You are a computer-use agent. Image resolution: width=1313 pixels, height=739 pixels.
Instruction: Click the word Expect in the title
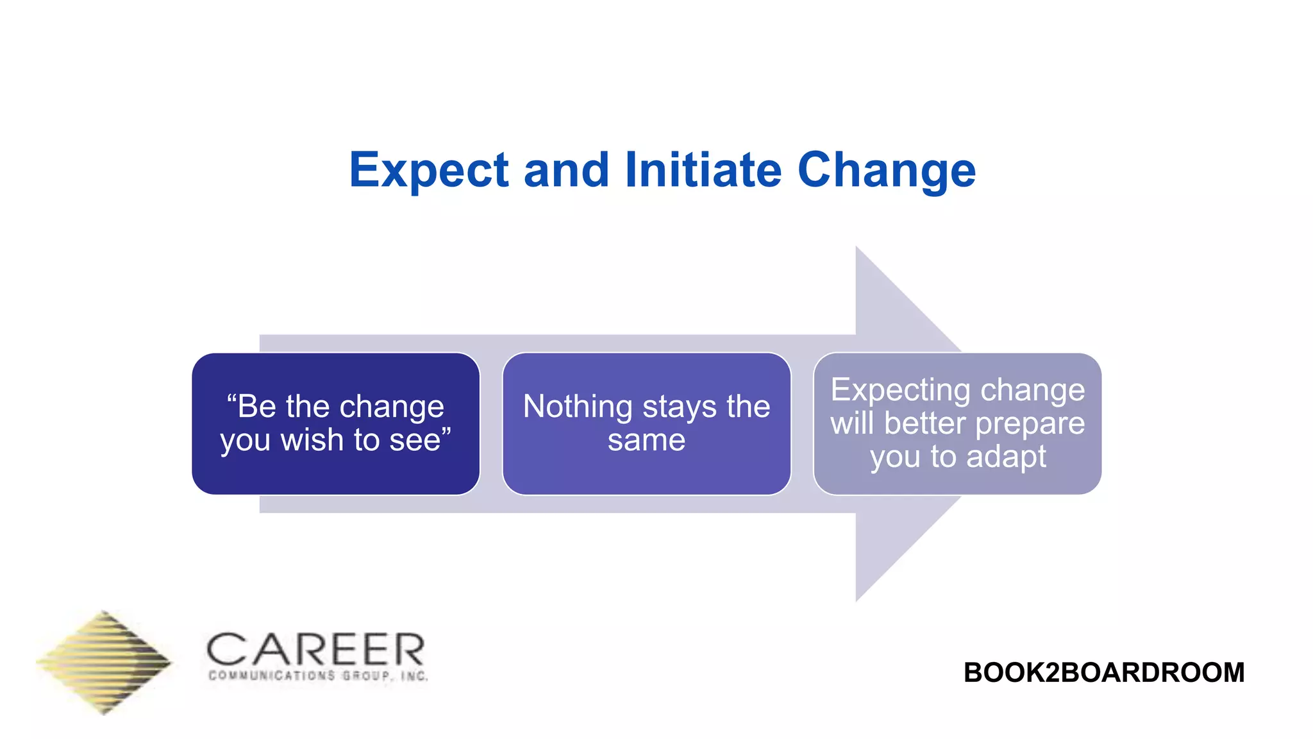tap(429, 171)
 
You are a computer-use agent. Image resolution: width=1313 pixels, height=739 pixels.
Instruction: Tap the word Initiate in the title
tap(703, 171)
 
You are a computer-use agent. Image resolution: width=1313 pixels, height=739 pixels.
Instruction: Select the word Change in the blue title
tap(886, 171)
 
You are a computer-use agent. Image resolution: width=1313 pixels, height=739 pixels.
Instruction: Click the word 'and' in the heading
tap(566, 171)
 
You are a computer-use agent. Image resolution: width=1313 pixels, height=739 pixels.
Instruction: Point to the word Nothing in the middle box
tap(578, 407)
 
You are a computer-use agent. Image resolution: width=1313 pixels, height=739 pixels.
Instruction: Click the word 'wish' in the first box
tap(312, 440)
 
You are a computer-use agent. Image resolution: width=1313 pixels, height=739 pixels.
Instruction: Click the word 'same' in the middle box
tap(646, 440)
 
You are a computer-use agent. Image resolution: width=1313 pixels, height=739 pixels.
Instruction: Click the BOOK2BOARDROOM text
tap(1103, 672)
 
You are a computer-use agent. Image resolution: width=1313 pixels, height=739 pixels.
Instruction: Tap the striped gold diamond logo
tap(104, 662)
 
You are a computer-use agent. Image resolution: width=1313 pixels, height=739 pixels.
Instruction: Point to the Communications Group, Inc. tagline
tap(318, 675)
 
